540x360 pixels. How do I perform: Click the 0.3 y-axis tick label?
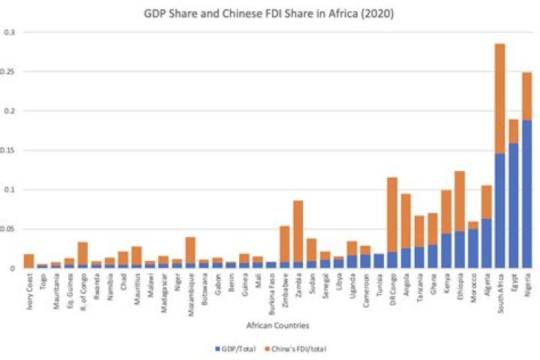(x=10, y=33)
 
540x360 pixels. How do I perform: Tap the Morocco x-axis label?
(x=473, y=286)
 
